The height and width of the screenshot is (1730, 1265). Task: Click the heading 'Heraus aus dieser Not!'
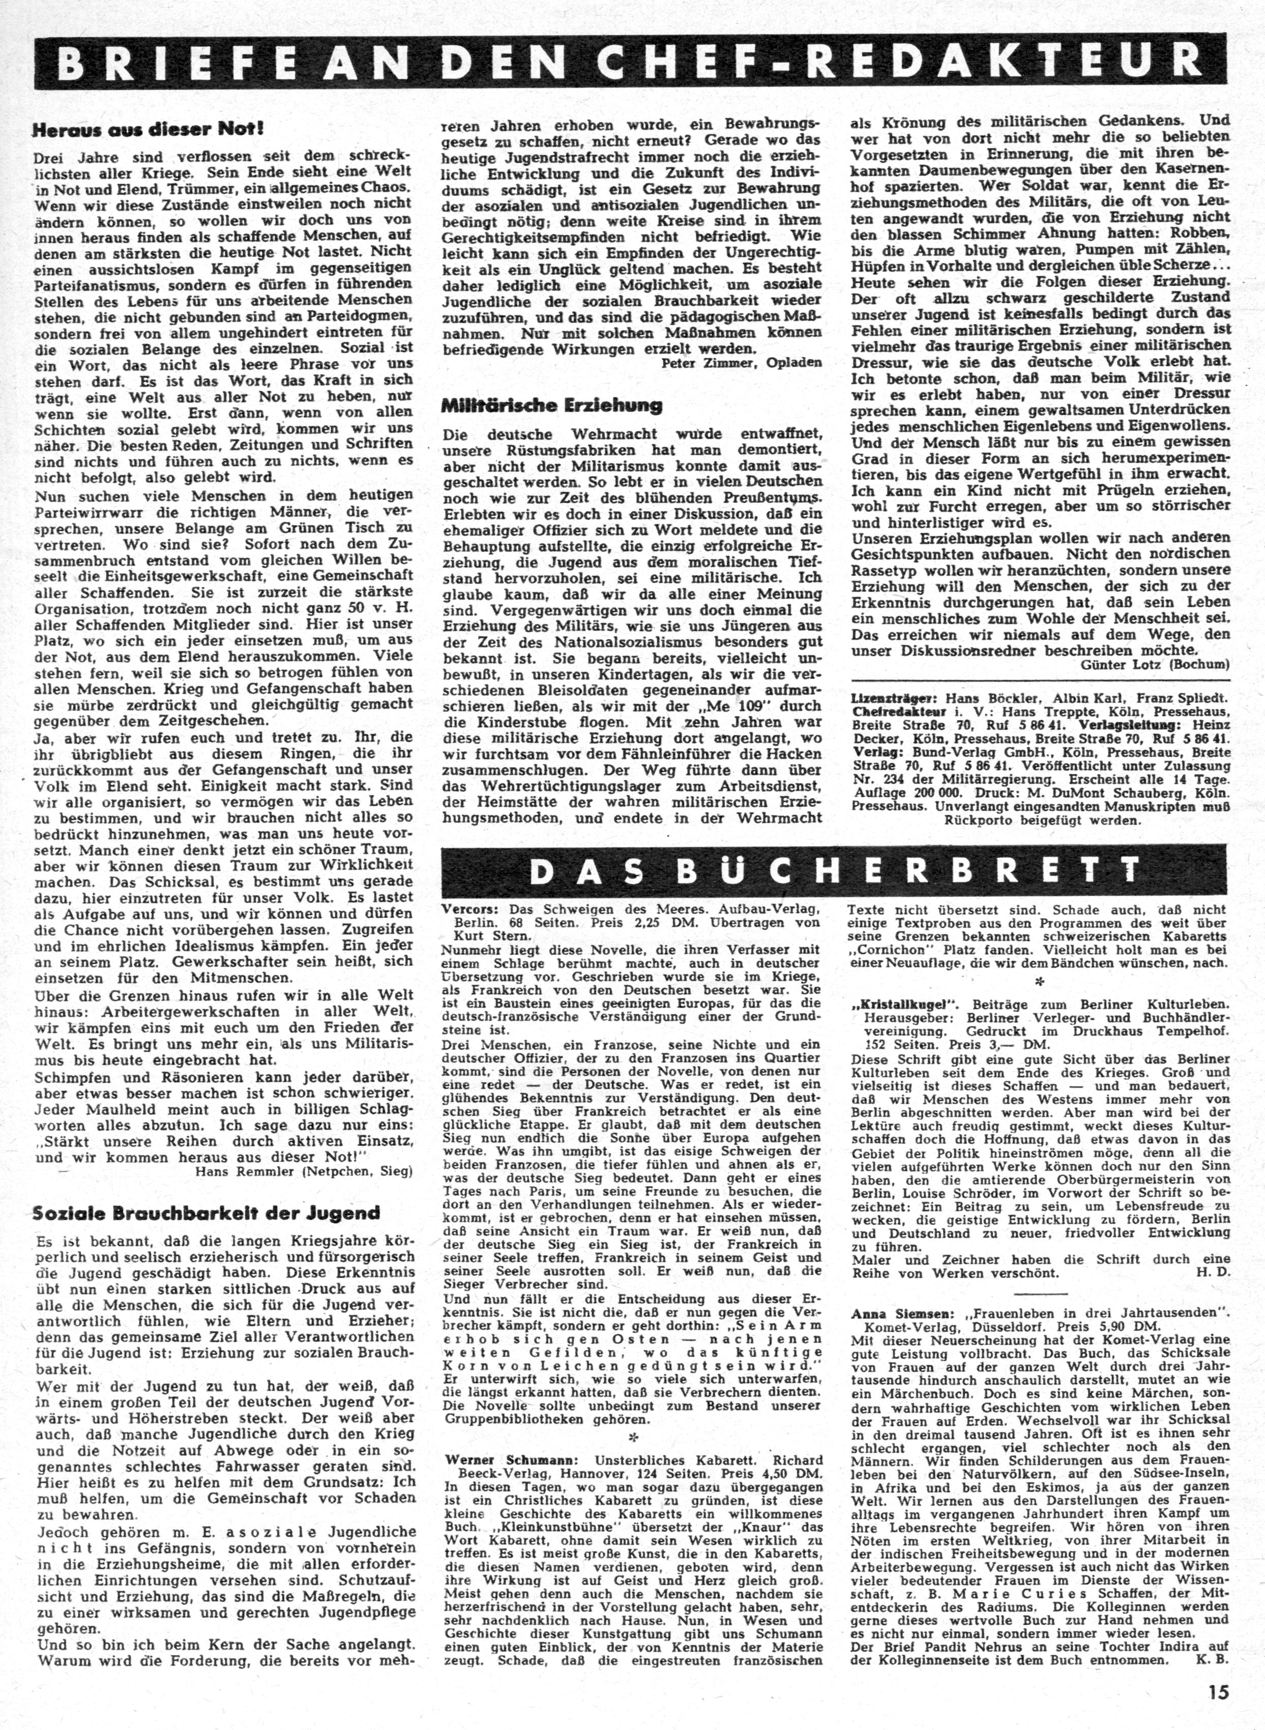pyautogui.click(x=149, y=130)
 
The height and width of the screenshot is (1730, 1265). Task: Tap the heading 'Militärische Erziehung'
pyautogui.click(x=551, y=405)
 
